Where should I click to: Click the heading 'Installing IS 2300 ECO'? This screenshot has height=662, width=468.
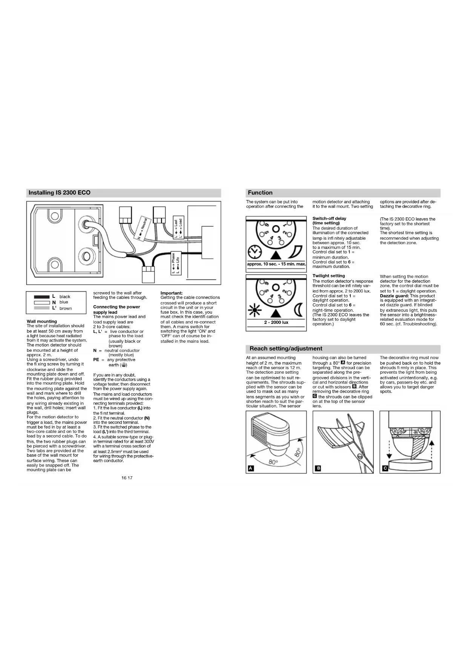[x=60, y=192]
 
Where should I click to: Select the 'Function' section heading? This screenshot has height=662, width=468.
[x=260, y=192]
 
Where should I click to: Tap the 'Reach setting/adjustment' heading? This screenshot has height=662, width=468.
[x=286, y=348]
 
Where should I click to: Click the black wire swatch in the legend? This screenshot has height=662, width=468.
[x=42, y=297]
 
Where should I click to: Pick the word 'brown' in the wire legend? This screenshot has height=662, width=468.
[x=66, y=308]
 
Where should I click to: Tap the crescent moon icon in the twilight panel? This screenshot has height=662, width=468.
[x=298, y=310]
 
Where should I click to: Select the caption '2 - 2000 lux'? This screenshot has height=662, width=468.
[x=276, y=322]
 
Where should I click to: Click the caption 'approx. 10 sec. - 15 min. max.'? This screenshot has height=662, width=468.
[x=276, y=264]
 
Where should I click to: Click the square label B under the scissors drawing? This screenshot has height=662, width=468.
[x=318, y=468]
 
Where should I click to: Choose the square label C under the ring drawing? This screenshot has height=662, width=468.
[x=385, y=468]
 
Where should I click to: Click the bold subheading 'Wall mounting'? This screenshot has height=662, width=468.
[x=42, y=321]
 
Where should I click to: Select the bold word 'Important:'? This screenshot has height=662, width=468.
[x=172, y=293]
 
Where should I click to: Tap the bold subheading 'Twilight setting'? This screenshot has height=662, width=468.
[x=328, y=276]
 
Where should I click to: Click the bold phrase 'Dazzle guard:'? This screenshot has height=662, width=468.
[x=394, y=296]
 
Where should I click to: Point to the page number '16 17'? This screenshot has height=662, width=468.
[x=127, y=478]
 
